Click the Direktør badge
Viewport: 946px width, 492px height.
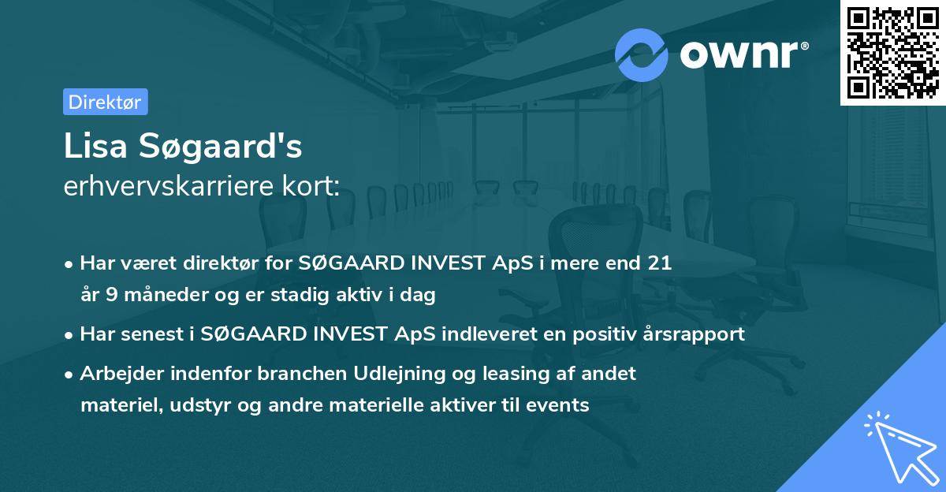[105, 102]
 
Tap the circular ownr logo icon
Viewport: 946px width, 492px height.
[642, 54]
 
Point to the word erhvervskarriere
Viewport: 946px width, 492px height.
[172, 187]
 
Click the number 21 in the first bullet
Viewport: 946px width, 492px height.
[658, 263]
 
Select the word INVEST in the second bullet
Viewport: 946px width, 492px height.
[354, 334]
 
